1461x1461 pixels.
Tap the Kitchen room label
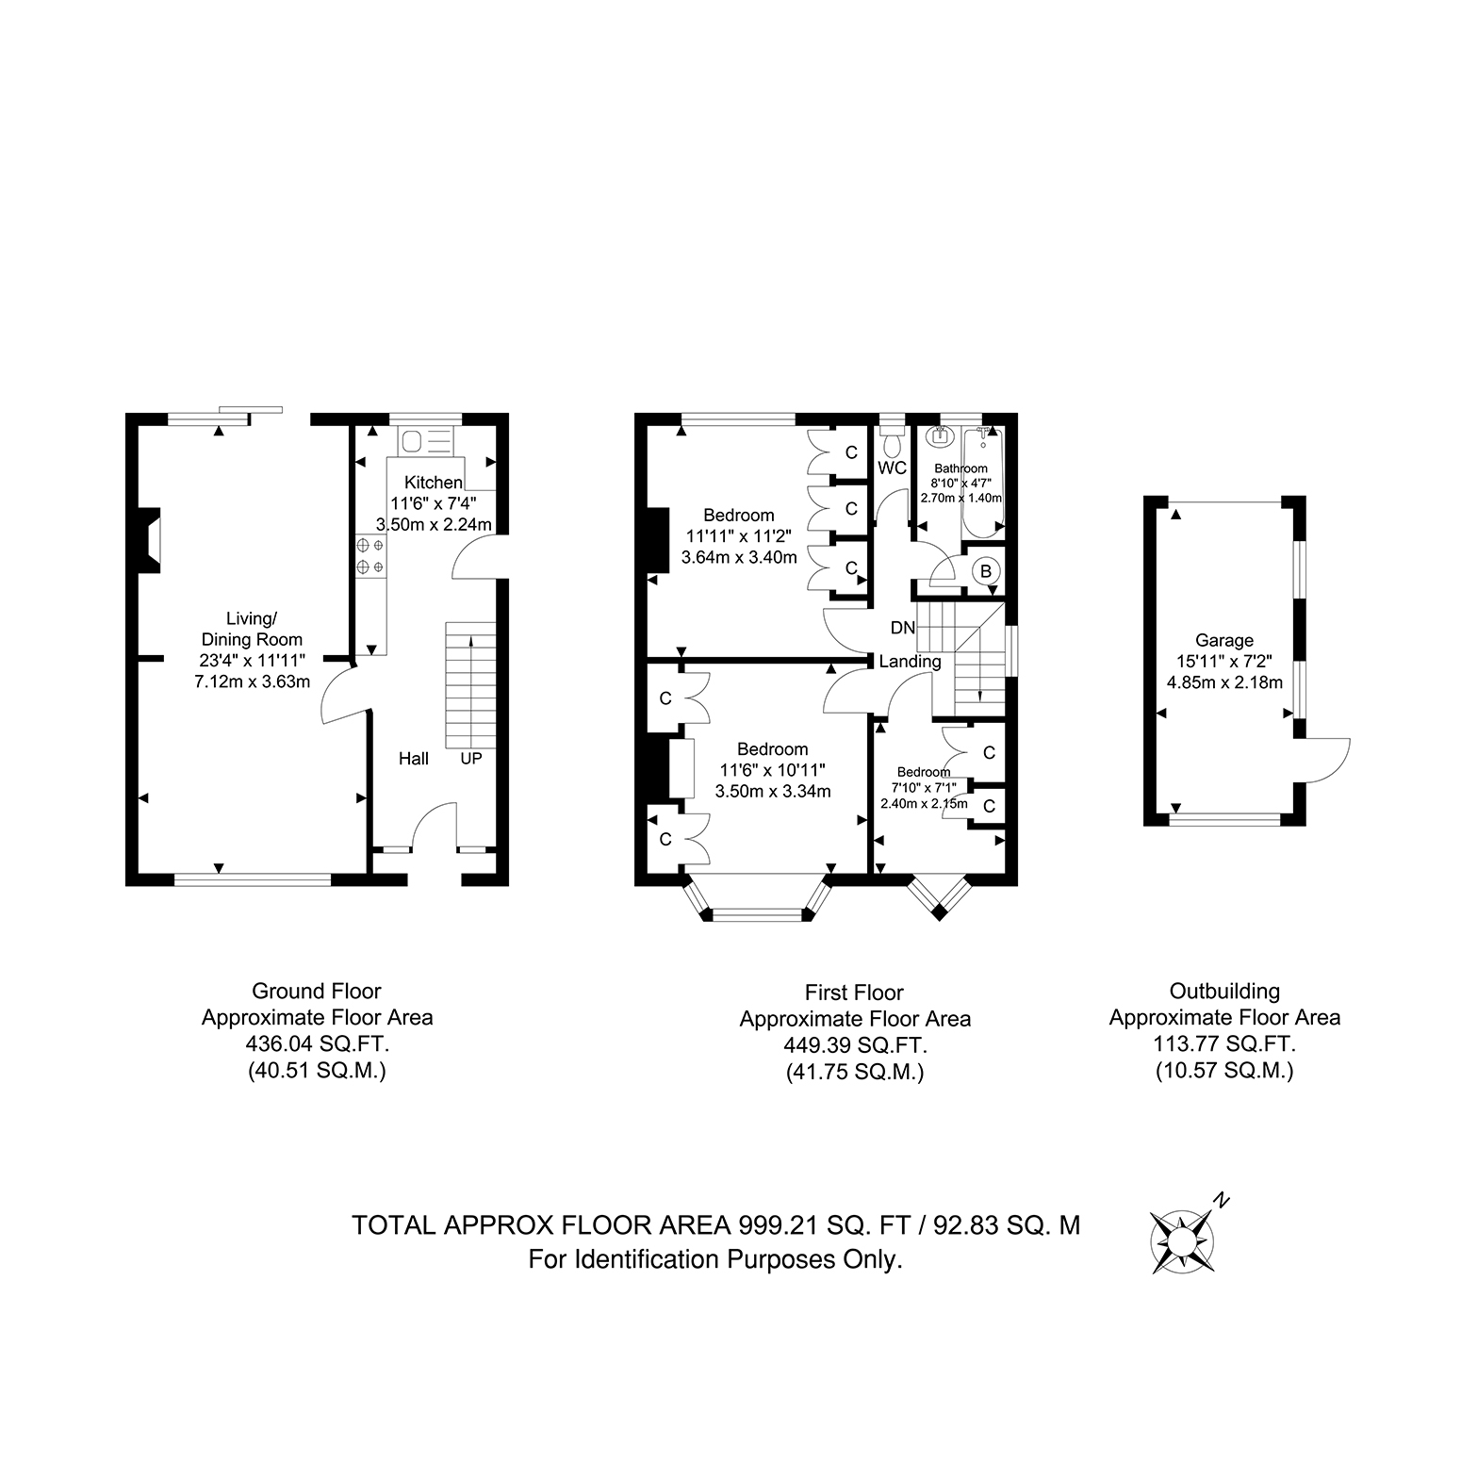pyautogui.click(x=434, y=483)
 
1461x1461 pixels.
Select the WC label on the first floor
pyautogui.click(x=892, y=468)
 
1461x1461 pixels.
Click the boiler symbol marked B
pyautogui.click(x=986, y=570)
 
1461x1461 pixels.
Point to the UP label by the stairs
pyautogui.click(x=471, y=758)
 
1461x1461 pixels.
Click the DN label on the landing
pyautogui.click(x=902, y=628)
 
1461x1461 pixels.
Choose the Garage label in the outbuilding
pyautogui.click(x=1224, y=641)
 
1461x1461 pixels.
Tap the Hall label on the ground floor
pyautogui.click(x=414, y=759)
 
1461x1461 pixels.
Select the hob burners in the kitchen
pyautogui.click(x=370, y=555)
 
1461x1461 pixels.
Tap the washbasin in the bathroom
pyautogui.click(x=939, y=436)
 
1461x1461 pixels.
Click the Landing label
pyautogui.click(x=910, y=662)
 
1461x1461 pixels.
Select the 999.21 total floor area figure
pyautogui.click(x=763, y=1225)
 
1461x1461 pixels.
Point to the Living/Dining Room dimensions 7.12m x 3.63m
pyautogui.click(x=252, y=681)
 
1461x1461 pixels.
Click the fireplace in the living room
pyautogui.click(x=150, y=541)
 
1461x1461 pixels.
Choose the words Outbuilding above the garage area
pyautogui.click(x=1224, y=992)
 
